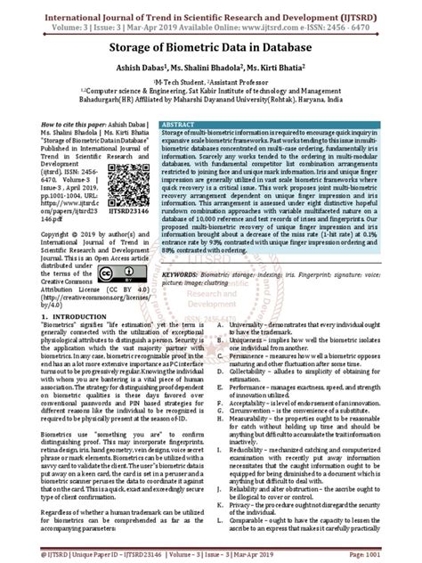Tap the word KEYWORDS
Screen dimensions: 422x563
[x=183, y=275]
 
